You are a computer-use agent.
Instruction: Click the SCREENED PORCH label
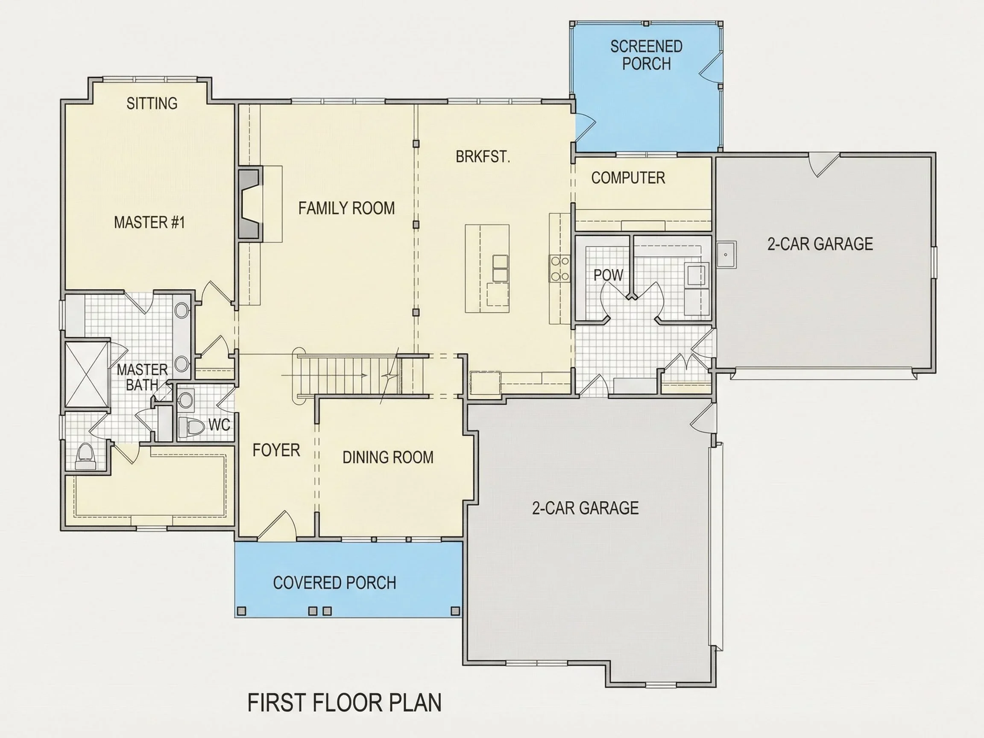(646, 55)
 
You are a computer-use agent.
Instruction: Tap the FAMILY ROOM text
(346, 208)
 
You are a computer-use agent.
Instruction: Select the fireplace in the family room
(250, 204)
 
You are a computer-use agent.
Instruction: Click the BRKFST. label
(483, 157)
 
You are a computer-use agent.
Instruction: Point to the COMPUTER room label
(628, 178)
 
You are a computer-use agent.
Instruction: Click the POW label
(608, 275)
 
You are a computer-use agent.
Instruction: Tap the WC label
(220, 425)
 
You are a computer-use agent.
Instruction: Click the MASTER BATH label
(142, 377)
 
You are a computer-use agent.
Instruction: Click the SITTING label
(152, 103)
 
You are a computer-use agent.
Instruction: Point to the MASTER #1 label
(149, 223)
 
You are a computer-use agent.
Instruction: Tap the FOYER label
(276, 450)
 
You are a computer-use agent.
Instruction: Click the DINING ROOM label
(388, 457)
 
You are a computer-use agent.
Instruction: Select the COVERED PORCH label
(334, 583)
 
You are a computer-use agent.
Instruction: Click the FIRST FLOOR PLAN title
(344, 703)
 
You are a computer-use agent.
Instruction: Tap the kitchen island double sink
(501, 268)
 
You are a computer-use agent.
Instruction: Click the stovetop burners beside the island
(559, 269)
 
